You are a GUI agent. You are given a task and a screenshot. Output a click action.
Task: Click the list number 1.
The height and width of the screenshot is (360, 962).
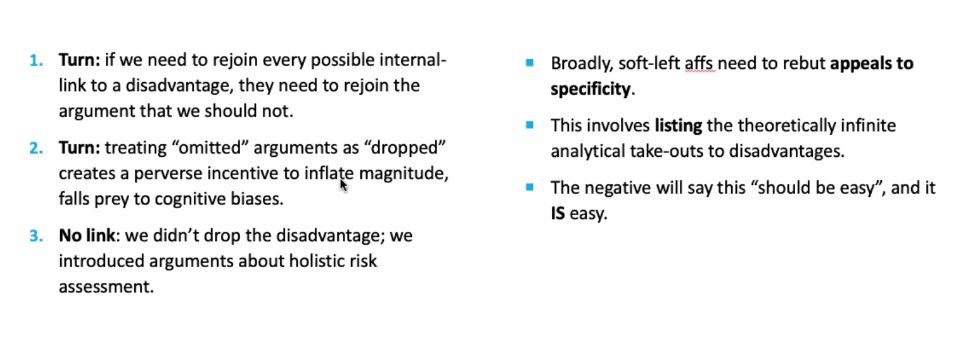pos(36,61)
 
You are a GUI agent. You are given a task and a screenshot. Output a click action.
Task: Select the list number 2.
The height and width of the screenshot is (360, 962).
pos(36,148)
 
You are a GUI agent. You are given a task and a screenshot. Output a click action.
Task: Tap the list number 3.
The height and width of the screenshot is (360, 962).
pos(36,236)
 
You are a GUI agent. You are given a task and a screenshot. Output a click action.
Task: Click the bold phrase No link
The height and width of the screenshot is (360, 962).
pos(87,235)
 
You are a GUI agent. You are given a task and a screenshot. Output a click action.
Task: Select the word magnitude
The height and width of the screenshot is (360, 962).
pos(403,174)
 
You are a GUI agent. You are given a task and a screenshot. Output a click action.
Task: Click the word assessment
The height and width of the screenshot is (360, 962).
pos(106,287)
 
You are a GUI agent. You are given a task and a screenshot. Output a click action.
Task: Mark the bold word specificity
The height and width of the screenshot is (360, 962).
pos(591,89)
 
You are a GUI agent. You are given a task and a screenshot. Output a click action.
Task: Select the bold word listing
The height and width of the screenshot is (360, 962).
pos(679,126)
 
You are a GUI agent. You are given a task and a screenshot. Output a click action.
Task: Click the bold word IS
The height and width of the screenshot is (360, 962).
pos(558,213)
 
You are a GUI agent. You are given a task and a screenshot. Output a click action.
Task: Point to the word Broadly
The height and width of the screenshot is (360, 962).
pos(582,64)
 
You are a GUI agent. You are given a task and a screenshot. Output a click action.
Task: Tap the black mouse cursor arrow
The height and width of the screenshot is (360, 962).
pos(343,185)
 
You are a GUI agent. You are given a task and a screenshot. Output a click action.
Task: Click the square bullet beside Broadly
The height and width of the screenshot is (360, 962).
pos(529,63)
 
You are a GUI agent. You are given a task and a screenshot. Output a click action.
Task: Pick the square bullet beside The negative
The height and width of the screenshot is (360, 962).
pos(529,188)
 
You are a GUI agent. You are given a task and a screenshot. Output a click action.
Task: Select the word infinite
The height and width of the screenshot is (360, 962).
pos(868,126)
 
